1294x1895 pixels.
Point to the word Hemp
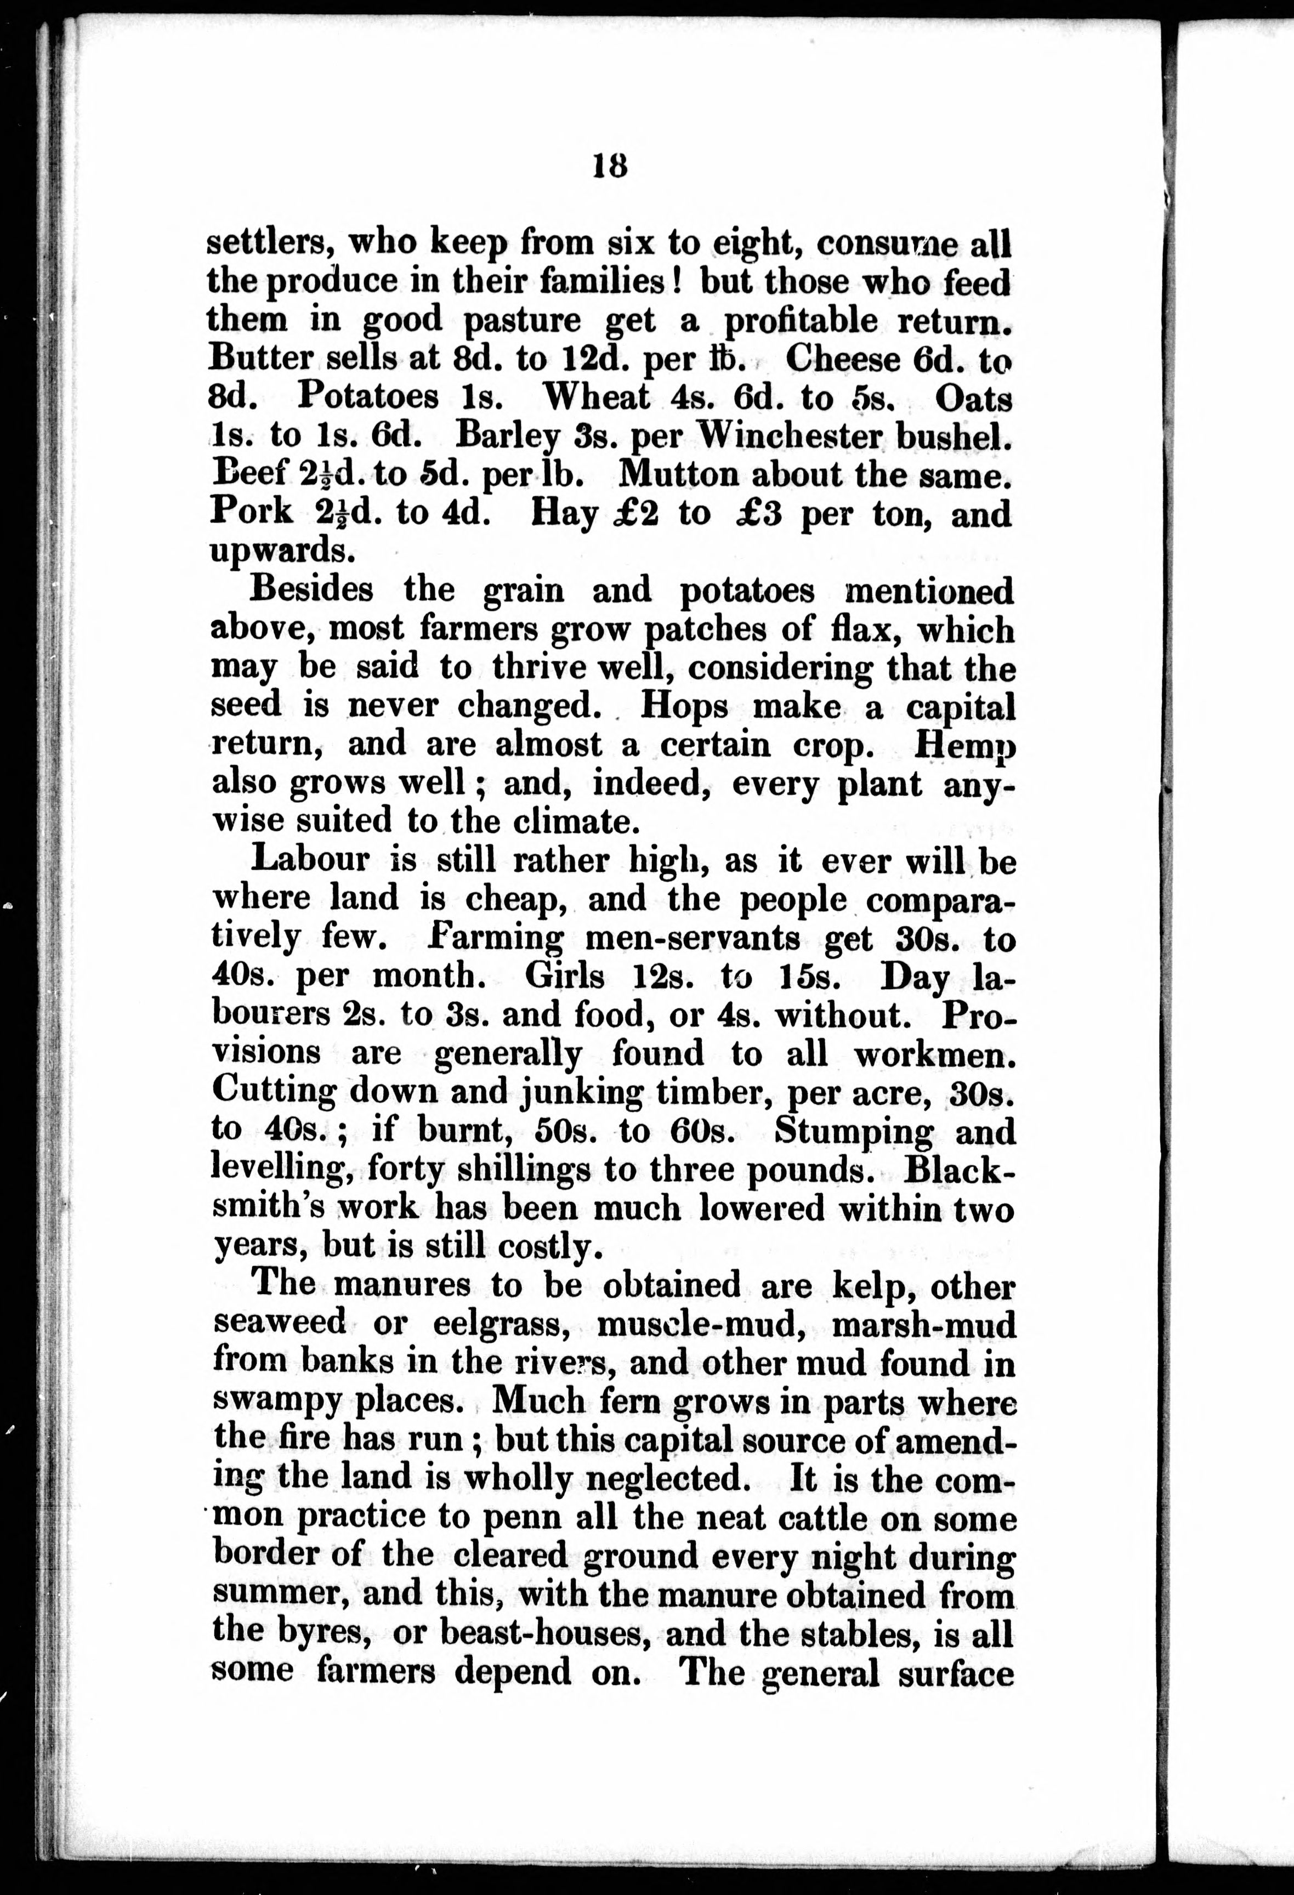click(966, 745)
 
